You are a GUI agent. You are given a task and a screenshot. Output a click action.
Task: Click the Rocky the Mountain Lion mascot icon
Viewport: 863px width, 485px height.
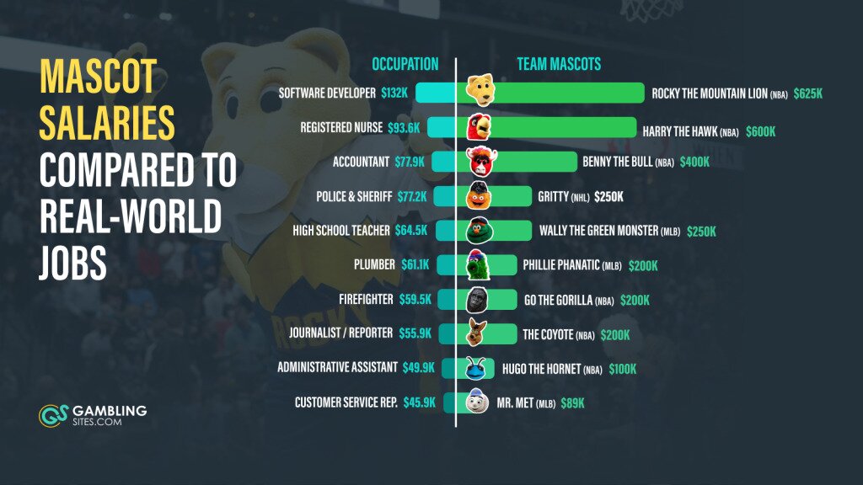[x=480, y=92]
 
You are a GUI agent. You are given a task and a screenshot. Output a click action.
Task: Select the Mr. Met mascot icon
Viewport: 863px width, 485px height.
[x=478, y=402]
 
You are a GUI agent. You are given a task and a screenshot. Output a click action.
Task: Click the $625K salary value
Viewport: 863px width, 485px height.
[x=808, y=93]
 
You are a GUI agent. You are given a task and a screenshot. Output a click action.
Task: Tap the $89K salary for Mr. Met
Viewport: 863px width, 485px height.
[x=573, y=403]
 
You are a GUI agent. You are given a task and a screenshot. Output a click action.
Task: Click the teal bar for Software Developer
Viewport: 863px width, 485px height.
[x=435, y=93]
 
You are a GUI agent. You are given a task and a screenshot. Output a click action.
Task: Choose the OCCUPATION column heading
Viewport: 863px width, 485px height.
[x=405, y=64]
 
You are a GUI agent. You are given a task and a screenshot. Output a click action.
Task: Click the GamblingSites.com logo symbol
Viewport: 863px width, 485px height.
[x=51, y=414]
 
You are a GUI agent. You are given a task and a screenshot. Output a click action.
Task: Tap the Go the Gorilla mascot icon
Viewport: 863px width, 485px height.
[x=478, y=300]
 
